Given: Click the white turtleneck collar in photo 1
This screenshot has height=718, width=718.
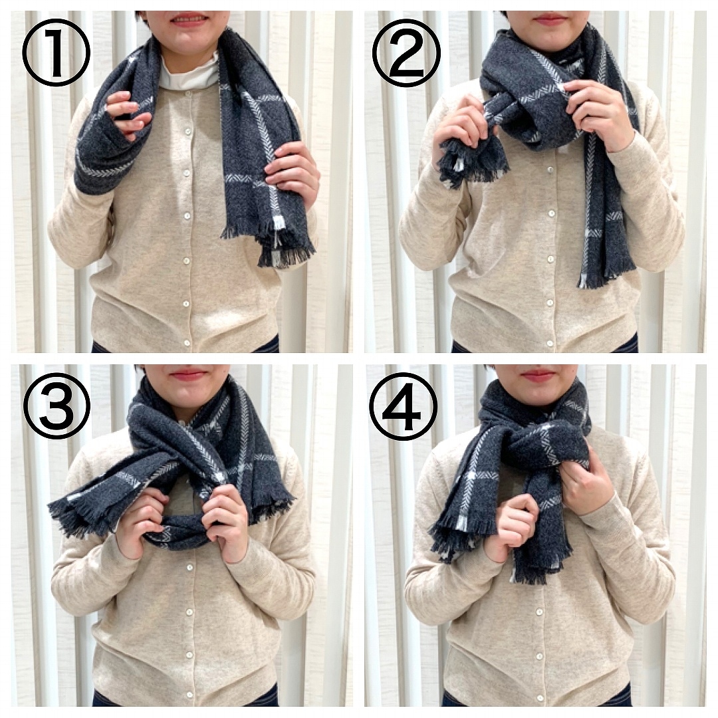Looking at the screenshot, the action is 187,69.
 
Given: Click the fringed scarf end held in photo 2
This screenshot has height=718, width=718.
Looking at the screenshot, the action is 471,160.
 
